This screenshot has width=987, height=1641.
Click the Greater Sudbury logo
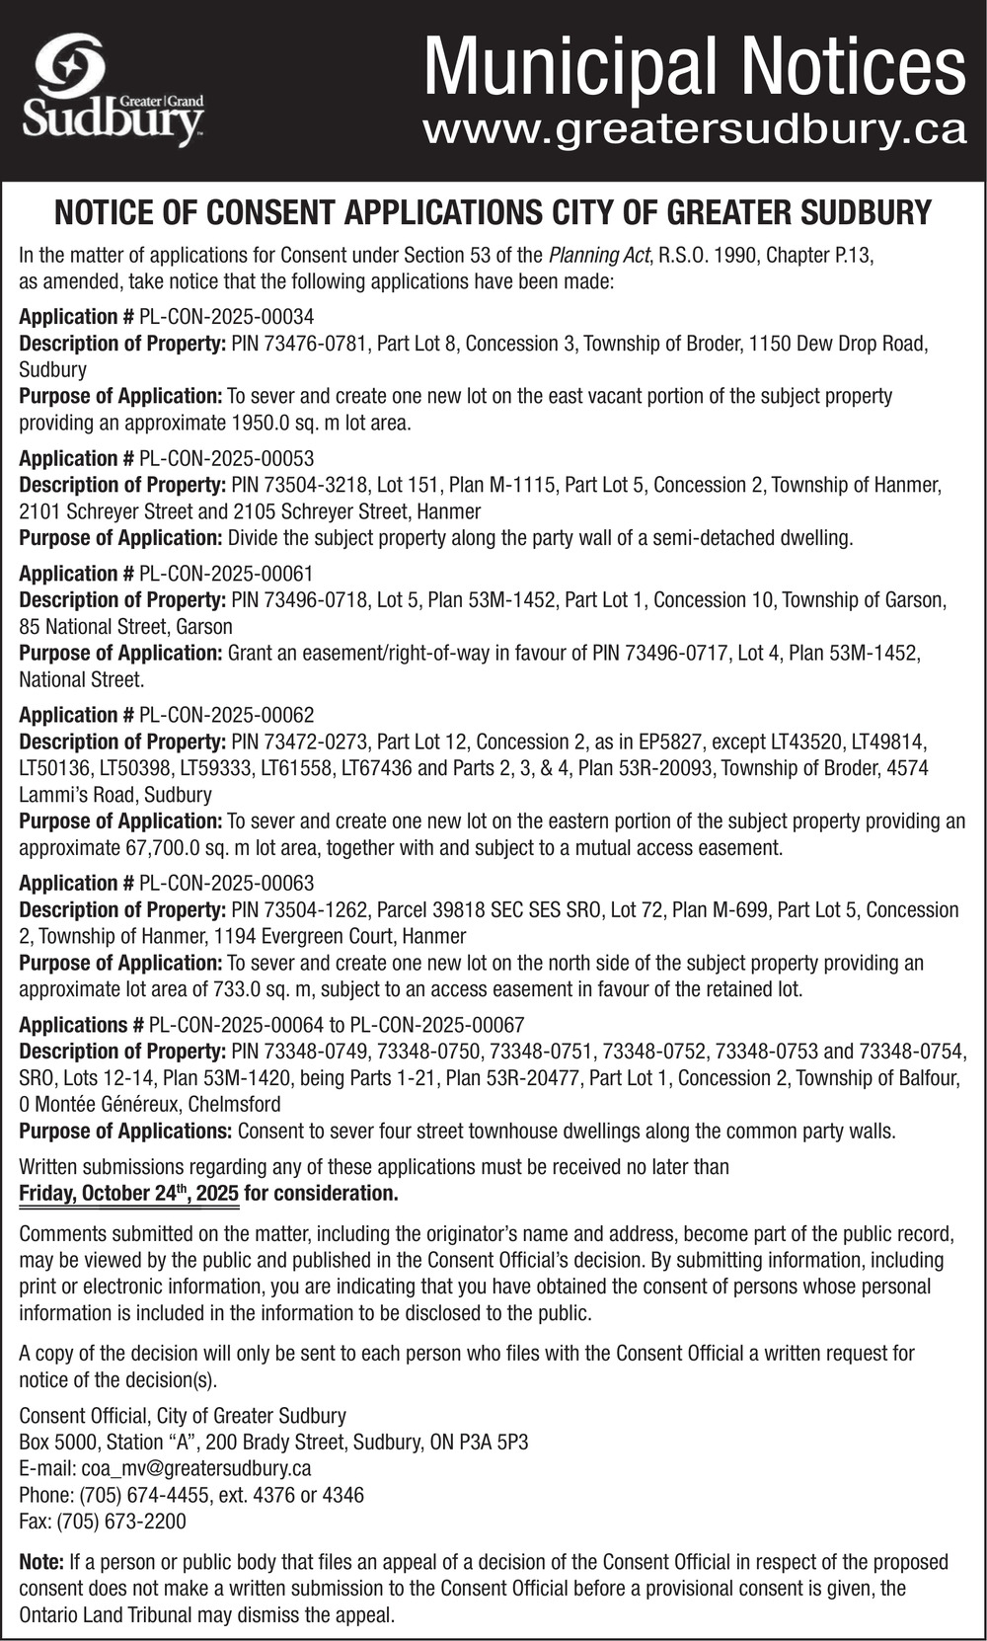[114, 91]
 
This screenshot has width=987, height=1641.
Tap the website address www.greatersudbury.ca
[694, 130]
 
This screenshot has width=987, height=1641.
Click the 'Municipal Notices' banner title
[694, 66]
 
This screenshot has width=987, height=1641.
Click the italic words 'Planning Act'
[599, 255]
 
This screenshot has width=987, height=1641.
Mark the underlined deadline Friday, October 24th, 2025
[128, 1193]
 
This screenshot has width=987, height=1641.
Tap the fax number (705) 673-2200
[122, 1522]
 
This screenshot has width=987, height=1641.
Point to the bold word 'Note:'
[41, 1562]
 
